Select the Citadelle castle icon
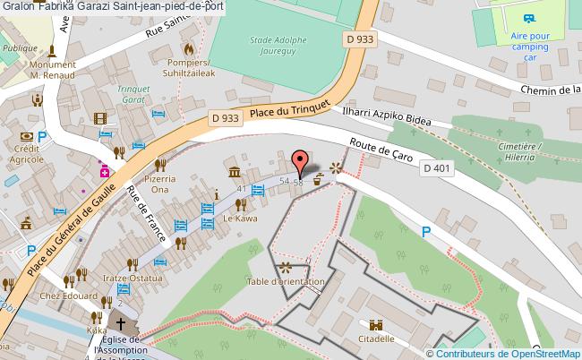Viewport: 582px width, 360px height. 376,325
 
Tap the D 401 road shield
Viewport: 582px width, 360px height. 437,168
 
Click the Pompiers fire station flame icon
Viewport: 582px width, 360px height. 189,48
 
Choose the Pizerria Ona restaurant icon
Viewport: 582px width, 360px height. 161,164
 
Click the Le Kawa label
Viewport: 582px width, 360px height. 240,219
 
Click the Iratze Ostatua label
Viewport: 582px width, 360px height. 132,279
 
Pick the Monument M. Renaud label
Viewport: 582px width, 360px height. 51,70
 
